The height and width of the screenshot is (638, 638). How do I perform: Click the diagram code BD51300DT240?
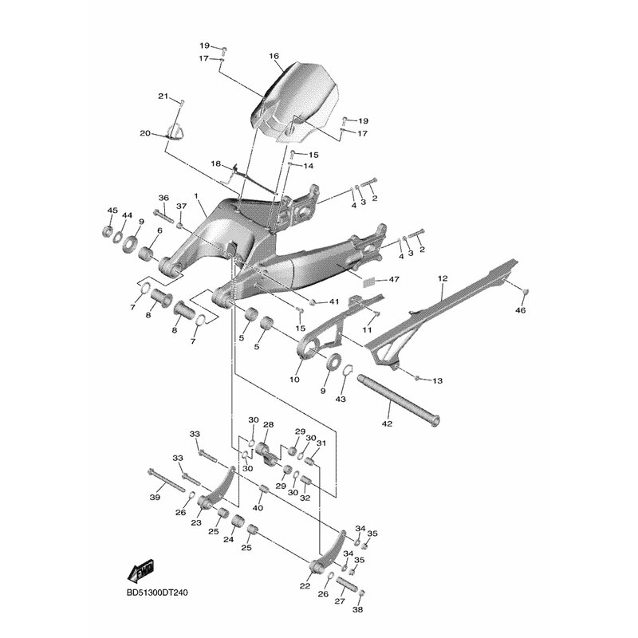157,593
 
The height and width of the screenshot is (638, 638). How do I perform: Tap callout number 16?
274,56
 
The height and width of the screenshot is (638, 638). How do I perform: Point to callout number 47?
393,280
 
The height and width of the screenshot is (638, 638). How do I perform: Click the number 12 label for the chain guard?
443,278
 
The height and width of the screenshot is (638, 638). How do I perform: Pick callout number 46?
521,310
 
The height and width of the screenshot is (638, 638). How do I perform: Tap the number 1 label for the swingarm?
196,196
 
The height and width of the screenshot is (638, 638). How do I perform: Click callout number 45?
112,211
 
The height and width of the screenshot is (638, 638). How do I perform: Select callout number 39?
155,497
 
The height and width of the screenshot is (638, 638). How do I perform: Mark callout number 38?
359,609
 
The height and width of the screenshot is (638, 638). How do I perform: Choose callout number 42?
387,423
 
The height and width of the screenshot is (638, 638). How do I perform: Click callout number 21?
163,96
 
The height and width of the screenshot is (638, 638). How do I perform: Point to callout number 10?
294,380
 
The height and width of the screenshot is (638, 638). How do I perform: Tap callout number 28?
268,425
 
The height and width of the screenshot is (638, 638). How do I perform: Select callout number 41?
334,302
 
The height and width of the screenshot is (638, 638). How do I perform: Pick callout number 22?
305,586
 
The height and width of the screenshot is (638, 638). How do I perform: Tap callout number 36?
163,198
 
